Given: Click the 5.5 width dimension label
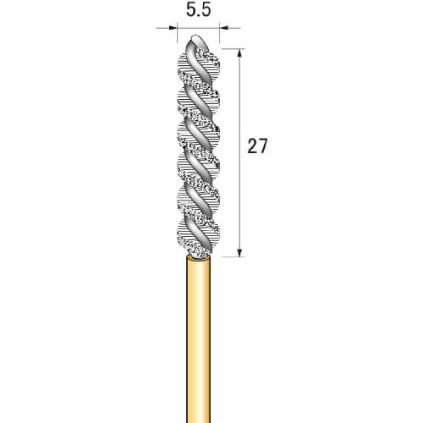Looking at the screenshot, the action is pos(198,11).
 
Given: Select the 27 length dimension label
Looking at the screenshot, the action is pos(257,146).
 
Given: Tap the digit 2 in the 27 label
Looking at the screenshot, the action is pos(252,146).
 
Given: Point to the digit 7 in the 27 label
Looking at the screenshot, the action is pos(262,146).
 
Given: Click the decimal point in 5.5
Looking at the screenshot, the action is pos(199,16).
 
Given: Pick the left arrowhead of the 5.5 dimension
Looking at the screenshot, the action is pos(173,28).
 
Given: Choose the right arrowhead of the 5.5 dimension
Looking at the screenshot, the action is pos(224,28).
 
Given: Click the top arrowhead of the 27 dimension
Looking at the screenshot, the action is pos(239,53).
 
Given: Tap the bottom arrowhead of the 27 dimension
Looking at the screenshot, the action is pos(239,252).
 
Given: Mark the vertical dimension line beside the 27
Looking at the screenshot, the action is pos(239,152).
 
